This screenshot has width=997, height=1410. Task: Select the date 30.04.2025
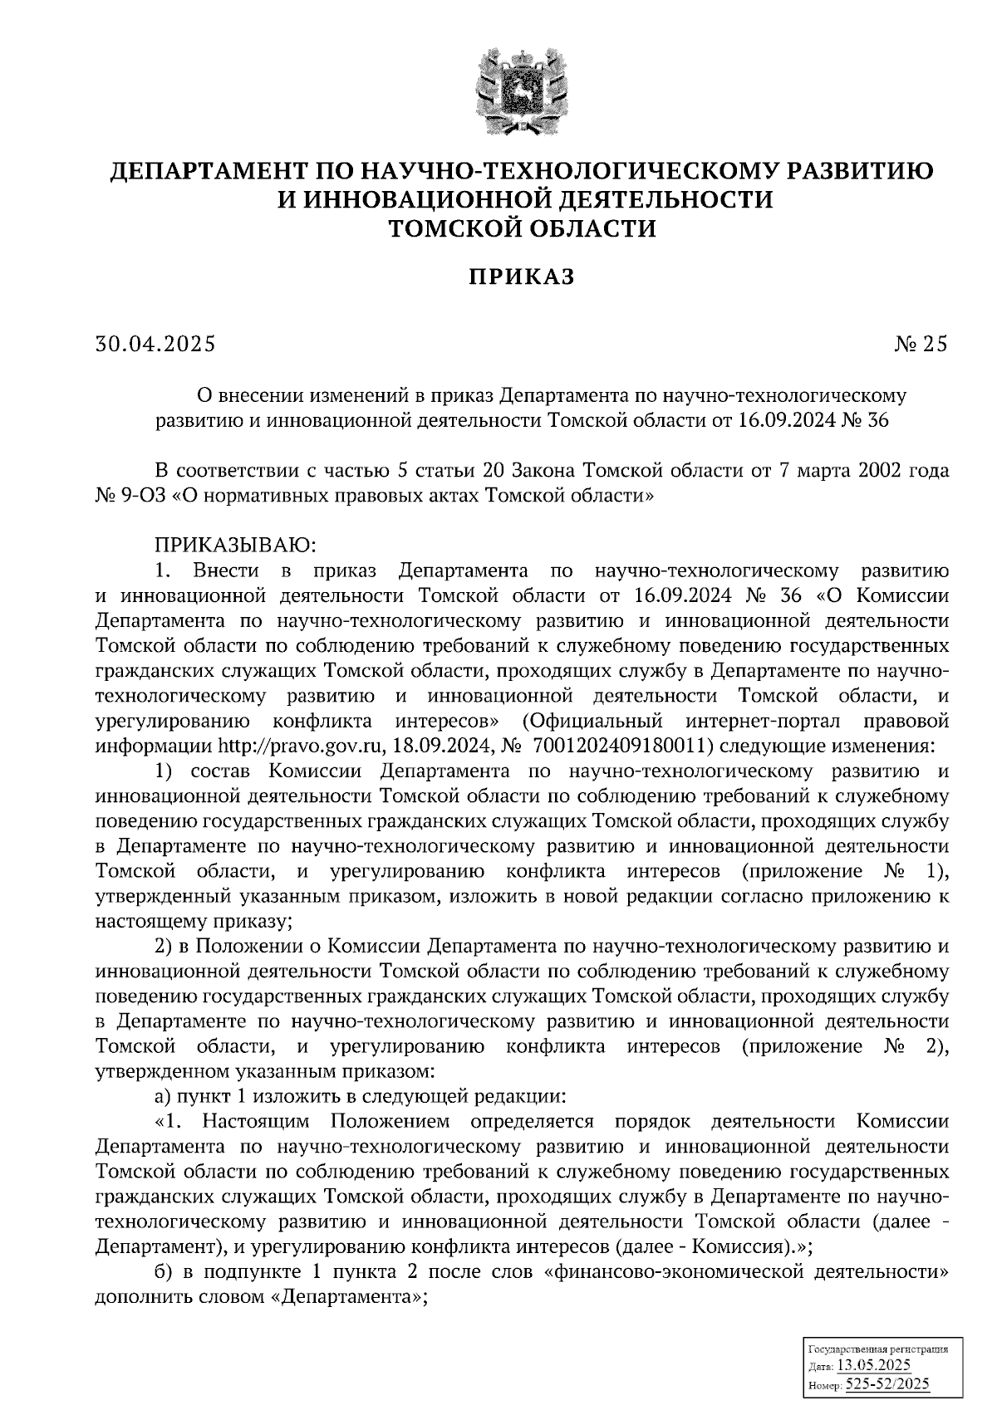pyautogui.click(x=155, y=343)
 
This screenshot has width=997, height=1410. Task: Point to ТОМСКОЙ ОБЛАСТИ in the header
pyautogui.click(x=523, y=228)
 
